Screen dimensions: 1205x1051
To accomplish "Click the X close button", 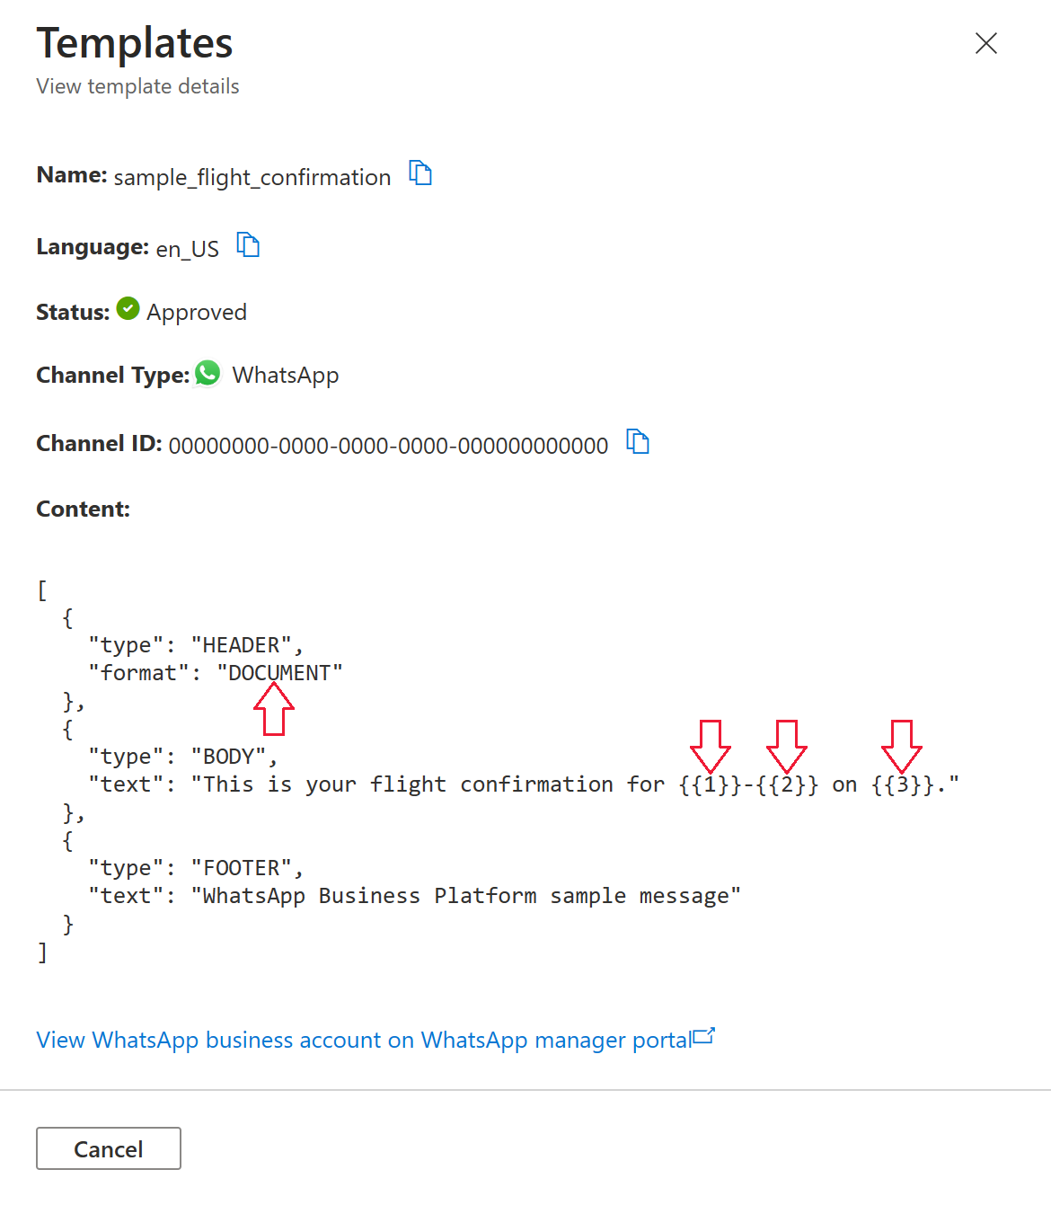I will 985,43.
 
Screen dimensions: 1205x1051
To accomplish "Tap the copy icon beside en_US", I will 248,244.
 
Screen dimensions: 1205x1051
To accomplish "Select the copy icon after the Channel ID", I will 638,442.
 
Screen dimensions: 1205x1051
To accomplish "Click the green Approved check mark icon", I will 128,309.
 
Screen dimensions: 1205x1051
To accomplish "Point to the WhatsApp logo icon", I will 208,373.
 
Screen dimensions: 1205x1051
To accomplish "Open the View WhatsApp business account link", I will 364,1040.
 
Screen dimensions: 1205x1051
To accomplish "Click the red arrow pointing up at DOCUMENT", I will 274,709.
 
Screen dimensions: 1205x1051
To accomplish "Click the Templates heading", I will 135,43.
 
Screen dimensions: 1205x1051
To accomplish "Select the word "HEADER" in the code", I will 241,645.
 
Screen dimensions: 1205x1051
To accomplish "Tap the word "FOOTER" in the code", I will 241,868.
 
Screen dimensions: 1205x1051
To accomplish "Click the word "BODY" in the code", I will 228,757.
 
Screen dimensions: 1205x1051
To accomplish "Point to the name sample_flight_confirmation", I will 252,177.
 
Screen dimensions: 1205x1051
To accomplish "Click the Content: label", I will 83,509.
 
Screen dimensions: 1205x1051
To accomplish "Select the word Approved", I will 197,312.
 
